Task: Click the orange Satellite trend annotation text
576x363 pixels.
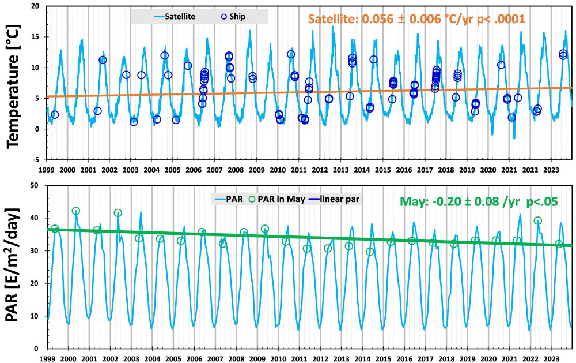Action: point(416,18)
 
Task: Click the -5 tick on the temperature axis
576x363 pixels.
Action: point(36,160)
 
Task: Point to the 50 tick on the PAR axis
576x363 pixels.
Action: point(34,185)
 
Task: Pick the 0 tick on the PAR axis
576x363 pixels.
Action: point(37,349)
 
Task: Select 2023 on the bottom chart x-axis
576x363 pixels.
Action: point(552,358)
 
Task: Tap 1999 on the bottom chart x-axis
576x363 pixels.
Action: point(47,358)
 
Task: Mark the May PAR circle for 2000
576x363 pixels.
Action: point(76,211)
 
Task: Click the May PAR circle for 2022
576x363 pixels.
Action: point(538,220)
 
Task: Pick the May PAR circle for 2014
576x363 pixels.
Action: point(370,252)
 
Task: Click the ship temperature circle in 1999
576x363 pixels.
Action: point(55,115)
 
